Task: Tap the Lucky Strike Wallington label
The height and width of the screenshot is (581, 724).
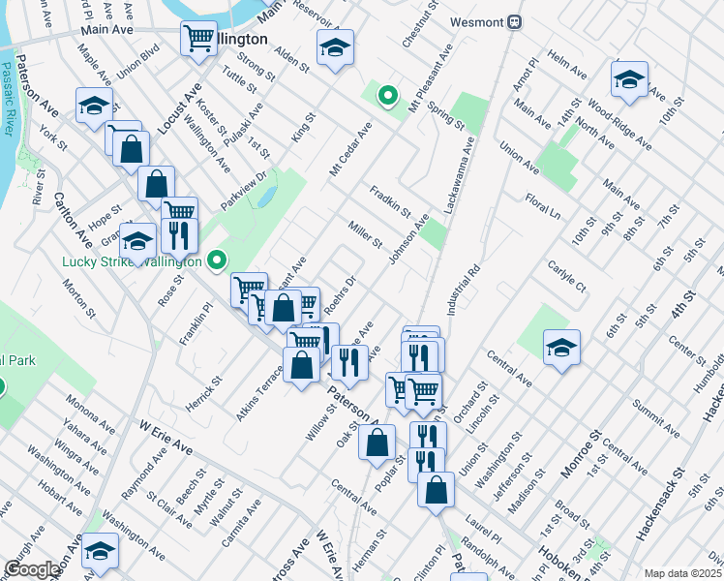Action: point(132,261)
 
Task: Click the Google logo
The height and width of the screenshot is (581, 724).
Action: point(31,569)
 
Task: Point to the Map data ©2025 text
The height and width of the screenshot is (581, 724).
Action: point(682,573)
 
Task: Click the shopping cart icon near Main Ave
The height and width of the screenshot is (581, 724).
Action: point(198,40)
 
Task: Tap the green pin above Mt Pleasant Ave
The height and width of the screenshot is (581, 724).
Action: point(387,95)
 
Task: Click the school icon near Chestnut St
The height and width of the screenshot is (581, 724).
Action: point(334,47)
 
